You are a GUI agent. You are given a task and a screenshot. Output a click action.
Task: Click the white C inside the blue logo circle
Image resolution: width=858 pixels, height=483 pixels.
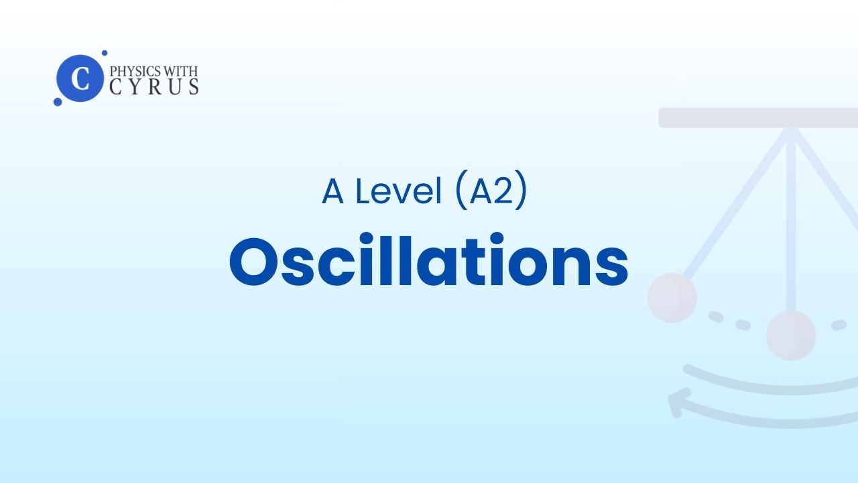(80, 78)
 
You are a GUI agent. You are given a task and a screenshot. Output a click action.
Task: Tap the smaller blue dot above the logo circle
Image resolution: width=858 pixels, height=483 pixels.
(104, 53)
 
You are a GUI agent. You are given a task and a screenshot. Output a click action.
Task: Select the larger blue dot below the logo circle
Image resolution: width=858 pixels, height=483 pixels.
(58, 101)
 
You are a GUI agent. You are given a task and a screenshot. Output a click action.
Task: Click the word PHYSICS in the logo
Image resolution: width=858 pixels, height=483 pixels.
(135, 71)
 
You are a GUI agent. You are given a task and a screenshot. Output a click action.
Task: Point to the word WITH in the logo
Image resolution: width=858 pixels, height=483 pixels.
(181, 71)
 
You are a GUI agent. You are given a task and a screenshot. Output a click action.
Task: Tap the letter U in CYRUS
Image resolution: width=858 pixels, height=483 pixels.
(175, 87)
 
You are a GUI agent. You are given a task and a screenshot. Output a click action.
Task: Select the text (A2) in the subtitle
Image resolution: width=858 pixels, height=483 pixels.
(492, 190)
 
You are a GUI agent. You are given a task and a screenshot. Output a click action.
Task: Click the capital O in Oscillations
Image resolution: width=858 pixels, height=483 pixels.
(253, 262)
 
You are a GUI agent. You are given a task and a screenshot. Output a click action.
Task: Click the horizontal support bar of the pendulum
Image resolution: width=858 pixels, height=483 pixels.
(758, 117)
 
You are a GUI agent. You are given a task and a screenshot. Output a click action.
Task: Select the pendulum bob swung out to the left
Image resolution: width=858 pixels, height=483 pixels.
(672, 297)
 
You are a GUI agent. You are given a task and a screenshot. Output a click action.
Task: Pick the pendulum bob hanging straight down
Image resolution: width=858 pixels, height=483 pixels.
(791, 335)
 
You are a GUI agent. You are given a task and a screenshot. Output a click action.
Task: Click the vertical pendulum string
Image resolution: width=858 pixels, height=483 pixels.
(791, 221)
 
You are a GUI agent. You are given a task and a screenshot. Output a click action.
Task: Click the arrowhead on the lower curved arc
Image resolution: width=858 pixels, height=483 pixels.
(678, 402)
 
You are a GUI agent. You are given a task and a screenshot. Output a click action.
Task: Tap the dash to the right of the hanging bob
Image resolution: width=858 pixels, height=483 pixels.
(839, 325)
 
